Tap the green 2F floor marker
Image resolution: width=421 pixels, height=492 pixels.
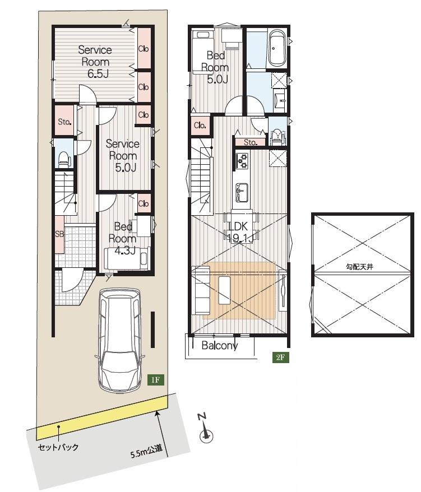click(280, 357)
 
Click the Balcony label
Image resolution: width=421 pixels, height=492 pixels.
click(219, 346)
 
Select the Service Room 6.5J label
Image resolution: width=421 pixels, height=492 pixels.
click(95, 62)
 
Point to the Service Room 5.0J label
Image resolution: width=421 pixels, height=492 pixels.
click(122, 156)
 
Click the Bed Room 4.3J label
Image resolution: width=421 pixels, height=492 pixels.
click(122, 239)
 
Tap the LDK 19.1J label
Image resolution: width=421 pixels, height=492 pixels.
click(239, 232)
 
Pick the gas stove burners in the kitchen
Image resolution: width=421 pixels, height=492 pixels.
click(242, 160)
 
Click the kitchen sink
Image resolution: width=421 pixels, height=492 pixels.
click(242, 192)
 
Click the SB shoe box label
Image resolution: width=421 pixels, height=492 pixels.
click(59, 234)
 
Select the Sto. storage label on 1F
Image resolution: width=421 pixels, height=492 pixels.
click(64, 122)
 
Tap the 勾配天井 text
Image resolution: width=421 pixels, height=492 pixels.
click(360, 267)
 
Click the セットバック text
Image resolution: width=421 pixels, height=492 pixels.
click(58, 447)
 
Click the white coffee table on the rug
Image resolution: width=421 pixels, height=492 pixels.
click(224, 290)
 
